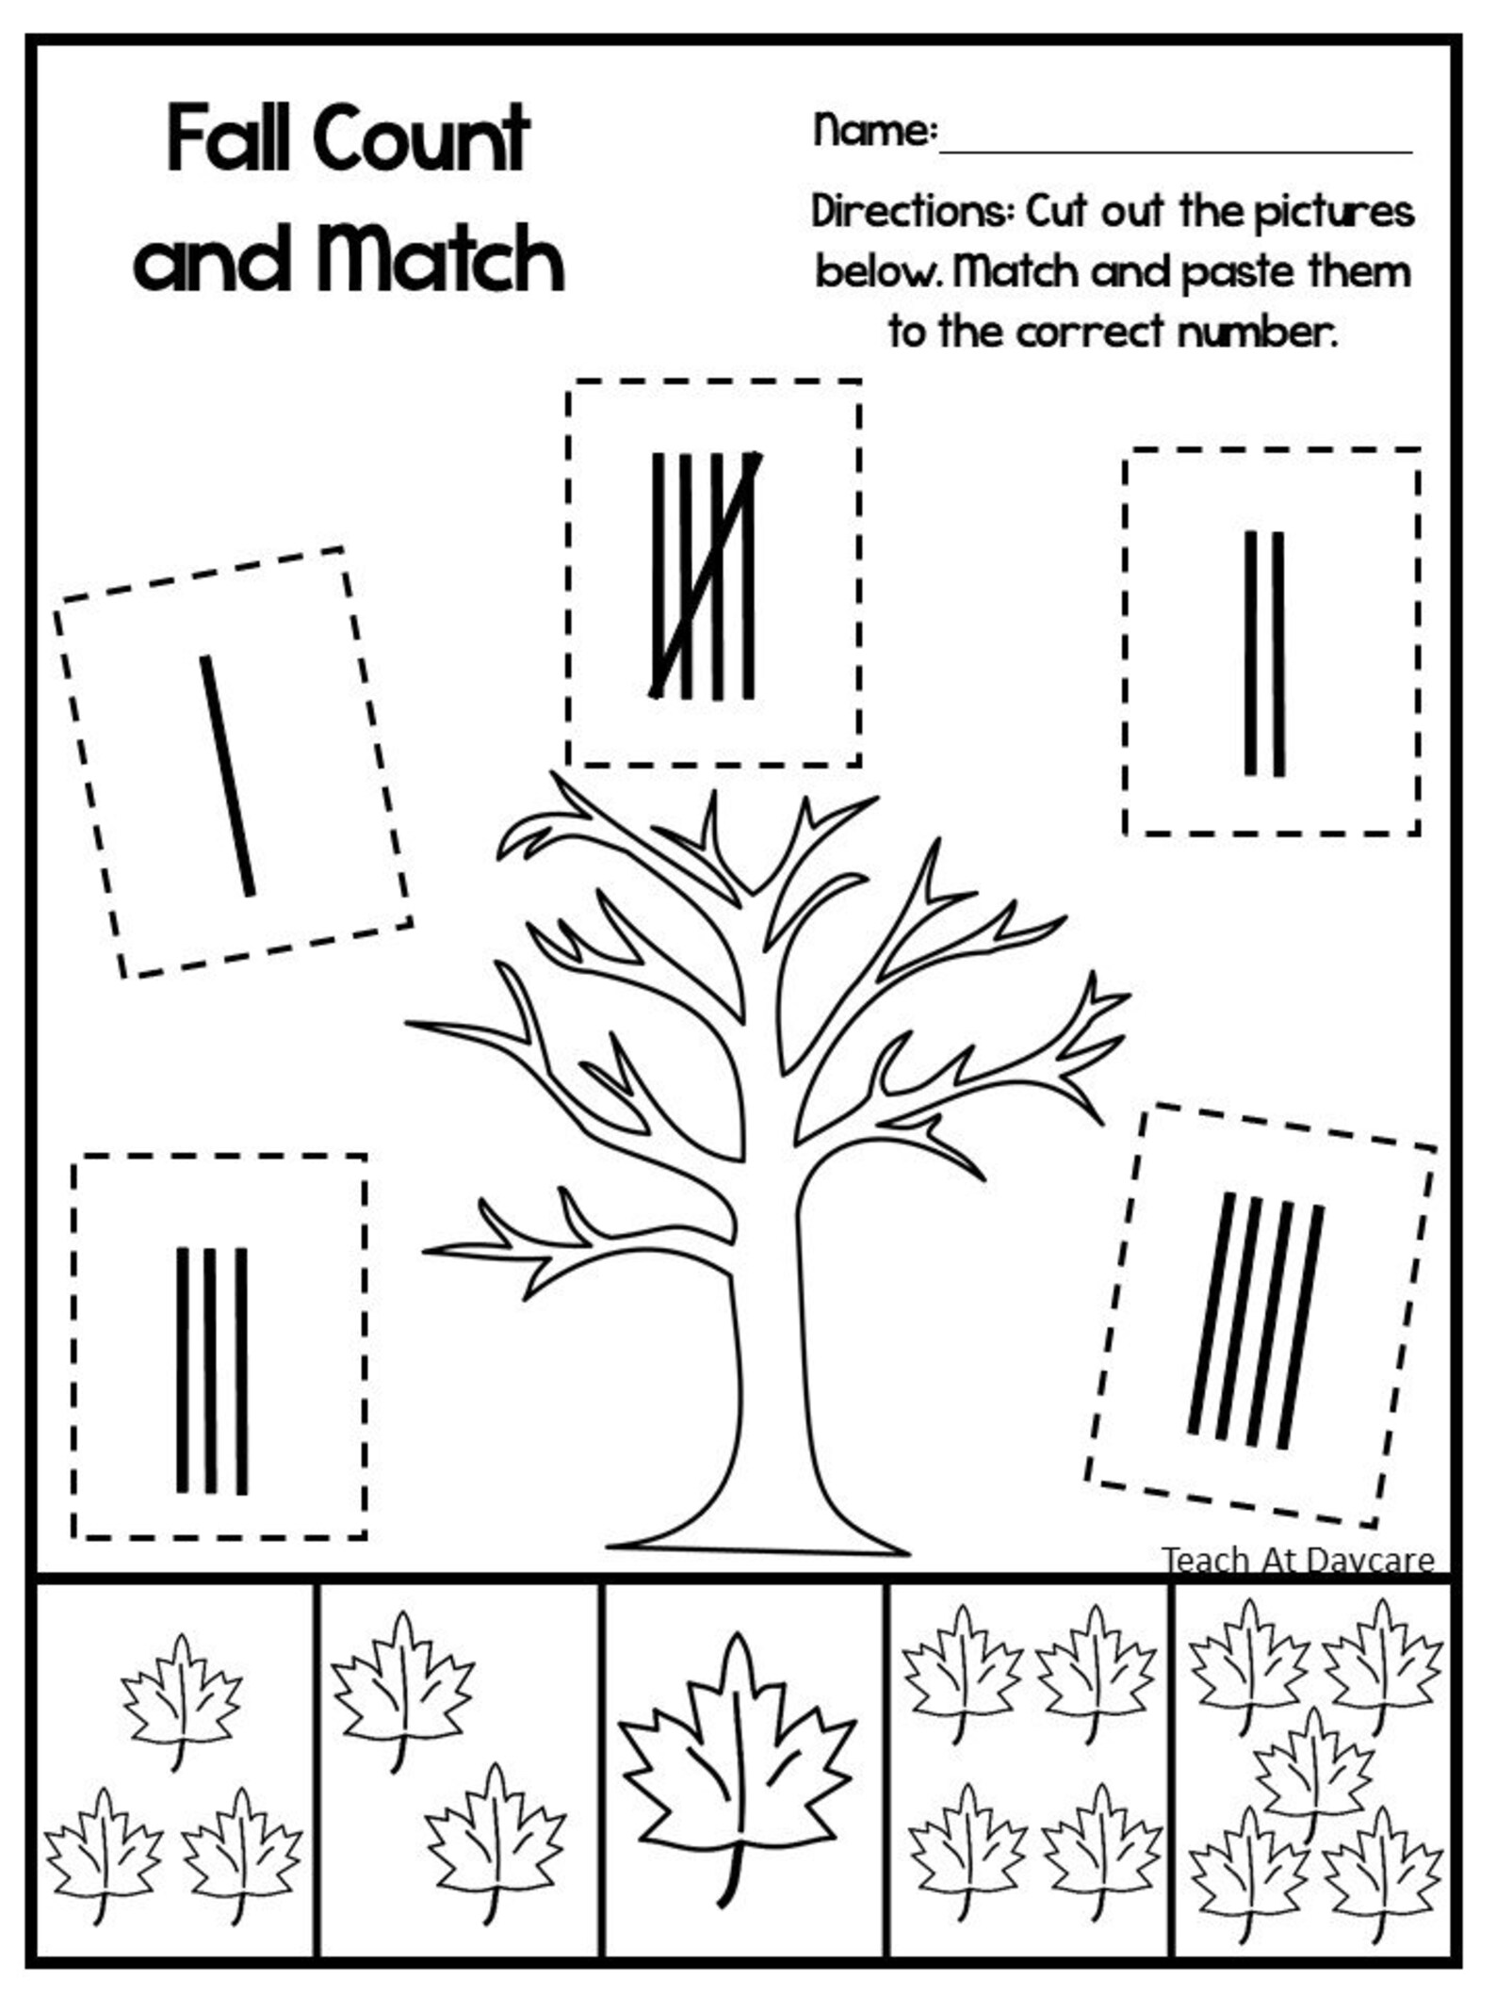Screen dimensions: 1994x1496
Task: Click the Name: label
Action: click(x=874, y=130)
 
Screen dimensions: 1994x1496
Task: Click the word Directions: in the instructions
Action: click(x=912, y=211)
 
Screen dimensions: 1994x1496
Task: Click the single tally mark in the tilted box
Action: click(x=227, y=776)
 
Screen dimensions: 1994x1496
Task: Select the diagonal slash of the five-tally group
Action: click(x=705, y=576)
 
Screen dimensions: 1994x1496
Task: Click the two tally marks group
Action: click(x=1264, y=654)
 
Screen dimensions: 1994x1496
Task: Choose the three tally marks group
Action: click(x=212, y=1371)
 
